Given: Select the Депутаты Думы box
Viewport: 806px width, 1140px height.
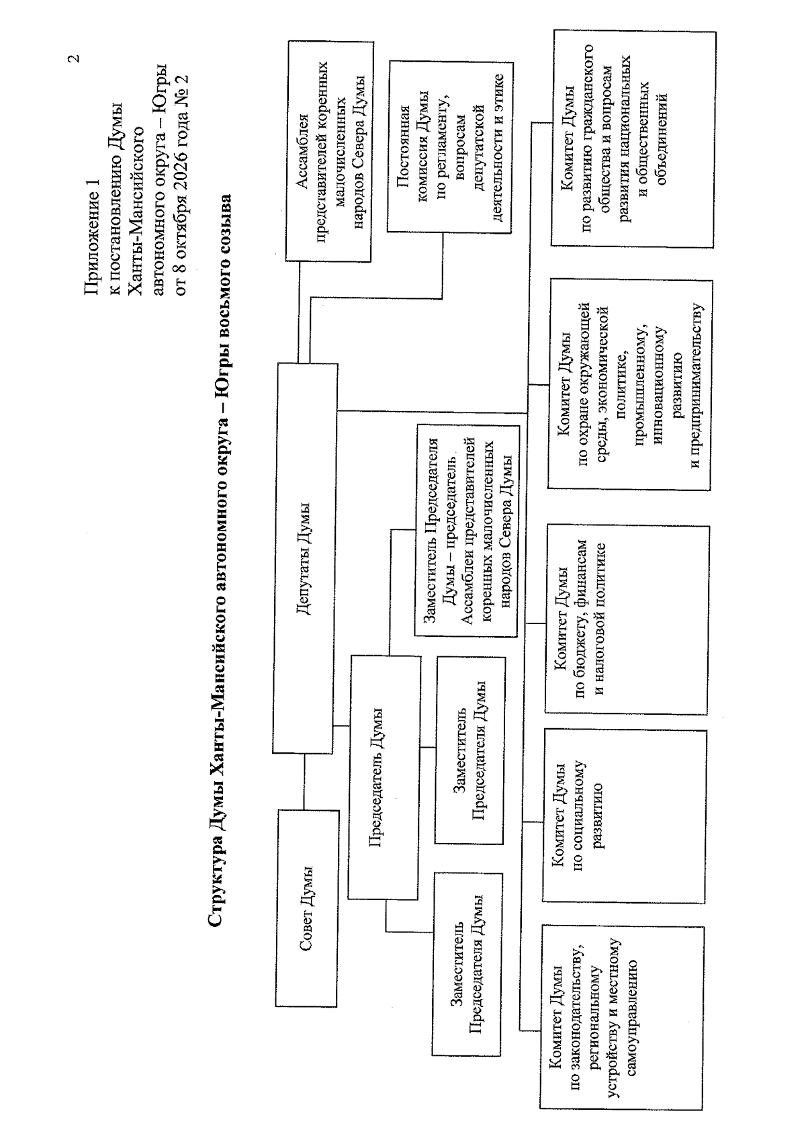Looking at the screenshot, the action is click(306, 558).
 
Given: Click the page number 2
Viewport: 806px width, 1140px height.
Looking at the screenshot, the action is click(75, 58).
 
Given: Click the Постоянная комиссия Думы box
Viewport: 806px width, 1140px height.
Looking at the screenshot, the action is click(450, 148).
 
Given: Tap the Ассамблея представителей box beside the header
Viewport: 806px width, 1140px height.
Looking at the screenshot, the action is click(330, 152).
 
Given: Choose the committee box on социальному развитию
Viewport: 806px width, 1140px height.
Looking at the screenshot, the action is click(625, 816).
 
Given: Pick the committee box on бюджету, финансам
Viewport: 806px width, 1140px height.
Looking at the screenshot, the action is click(627, 620).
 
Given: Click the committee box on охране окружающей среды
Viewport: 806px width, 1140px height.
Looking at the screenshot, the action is click(630, 385).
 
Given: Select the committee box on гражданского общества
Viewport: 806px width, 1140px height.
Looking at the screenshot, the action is click(633, 140).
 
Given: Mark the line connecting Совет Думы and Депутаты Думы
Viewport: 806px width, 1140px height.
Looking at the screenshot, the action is click(304, 781).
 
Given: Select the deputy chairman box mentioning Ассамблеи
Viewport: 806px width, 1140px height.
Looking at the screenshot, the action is click(467, 531).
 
